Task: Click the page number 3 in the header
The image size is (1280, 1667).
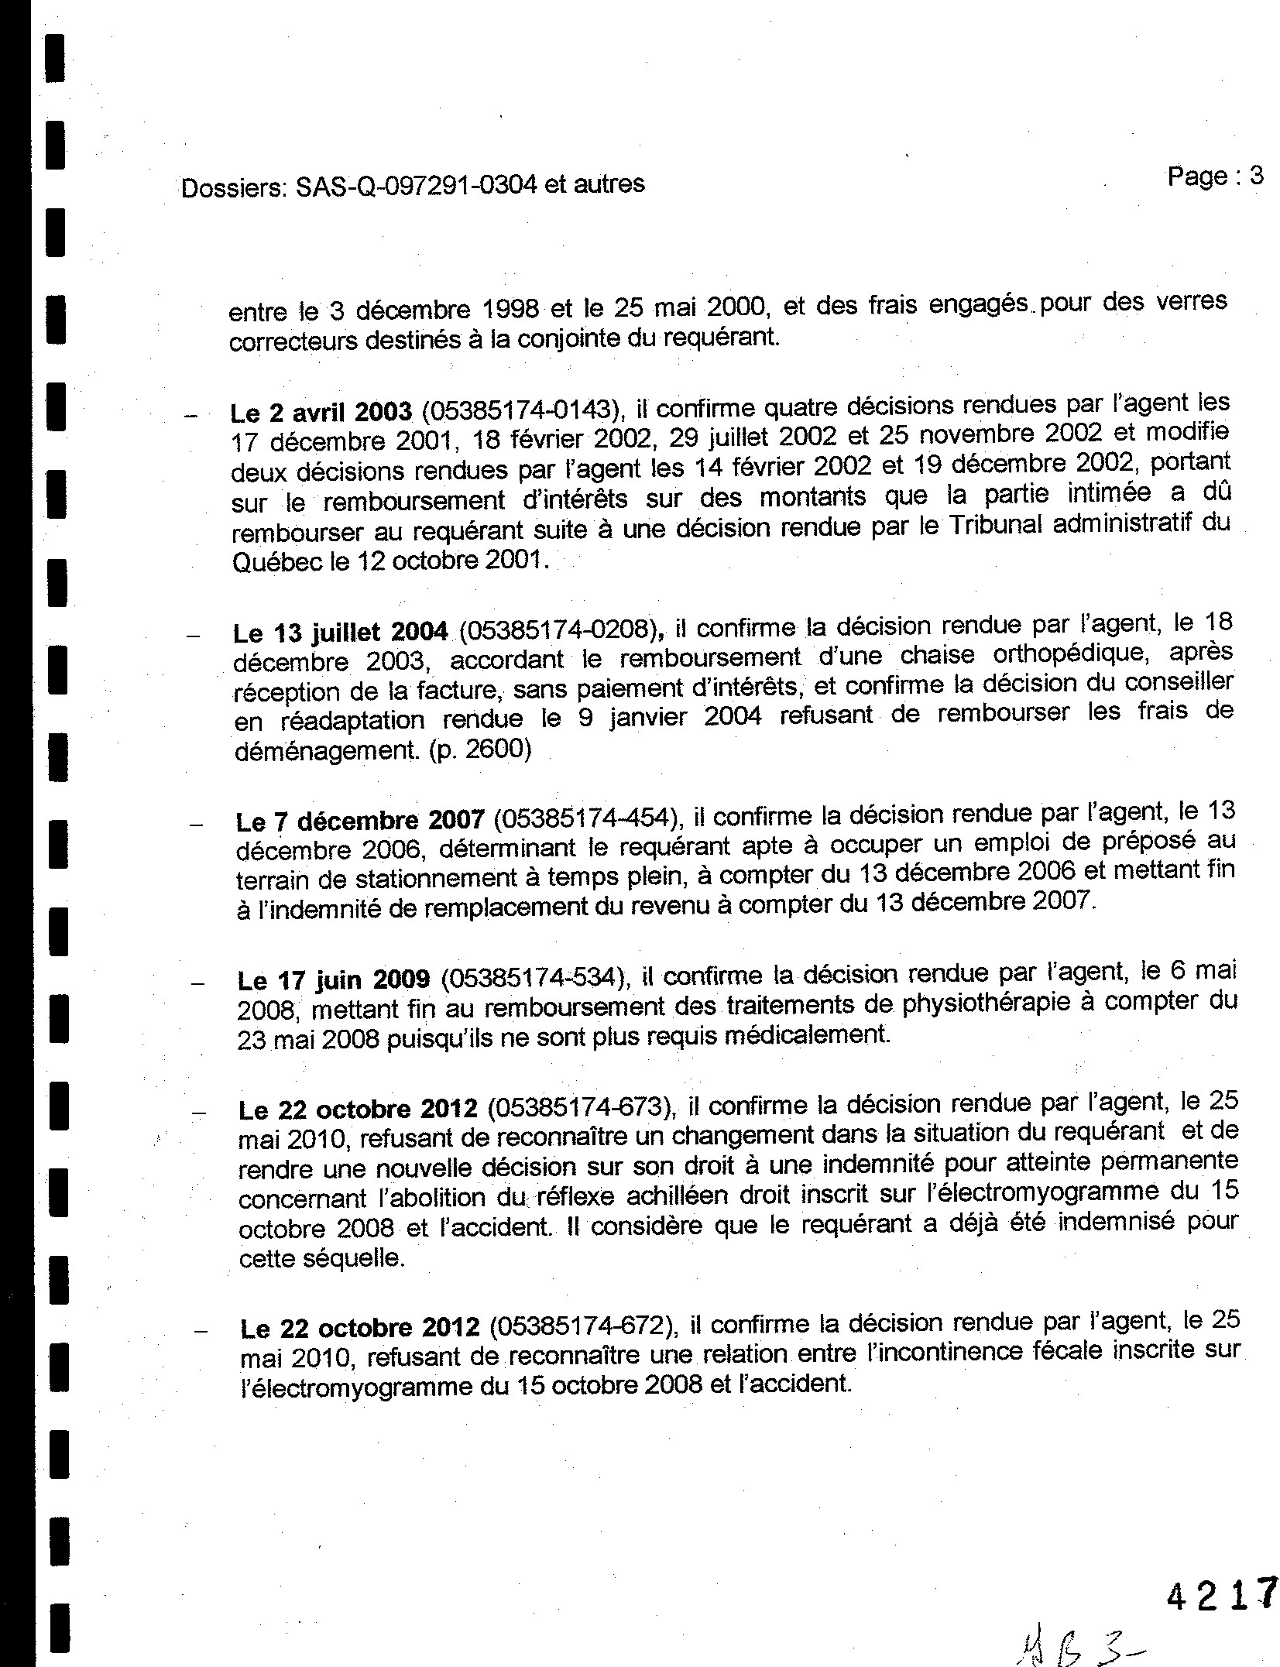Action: (x=1255, y=177)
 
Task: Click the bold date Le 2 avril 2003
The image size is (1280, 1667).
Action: (x=321, y=412)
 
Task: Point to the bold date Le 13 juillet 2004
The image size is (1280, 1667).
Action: (x=340, y=633)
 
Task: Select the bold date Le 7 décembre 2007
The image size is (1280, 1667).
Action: (x=360, y=821)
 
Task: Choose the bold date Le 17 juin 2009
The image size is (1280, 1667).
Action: (x=334, y=980)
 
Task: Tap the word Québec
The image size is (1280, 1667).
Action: (x=276, y=561)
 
